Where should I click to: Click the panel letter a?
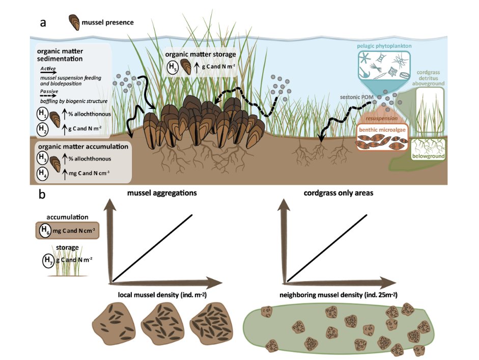coord(45,23)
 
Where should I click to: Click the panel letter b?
coord(45,195)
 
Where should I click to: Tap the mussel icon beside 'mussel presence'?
coord(74,22)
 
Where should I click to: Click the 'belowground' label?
coord(429,156)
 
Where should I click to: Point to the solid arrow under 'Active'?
coord(48,72)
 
